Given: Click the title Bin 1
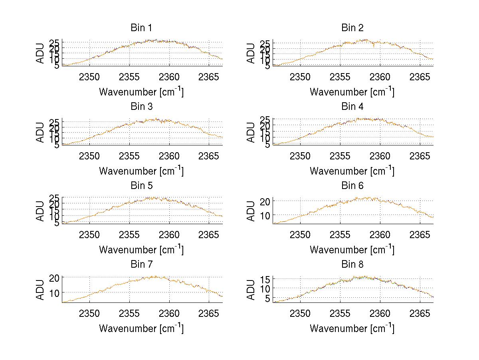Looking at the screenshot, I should pos(141,28).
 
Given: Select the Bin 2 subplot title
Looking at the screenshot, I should pos(352,28).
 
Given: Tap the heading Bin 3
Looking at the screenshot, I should pos(141,107).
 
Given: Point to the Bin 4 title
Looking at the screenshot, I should pos(352,107).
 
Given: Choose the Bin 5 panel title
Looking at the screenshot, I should pos(141,185).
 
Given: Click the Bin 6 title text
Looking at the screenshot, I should pos(352,185).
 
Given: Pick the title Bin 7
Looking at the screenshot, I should pos(141,264).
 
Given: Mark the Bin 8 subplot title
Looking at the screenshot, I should pos(352,264).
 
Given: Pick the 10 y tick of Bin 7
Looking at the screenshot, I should pos(55,292).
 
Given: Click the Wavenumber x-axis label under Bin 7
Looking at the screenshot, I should pos(141,328).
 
